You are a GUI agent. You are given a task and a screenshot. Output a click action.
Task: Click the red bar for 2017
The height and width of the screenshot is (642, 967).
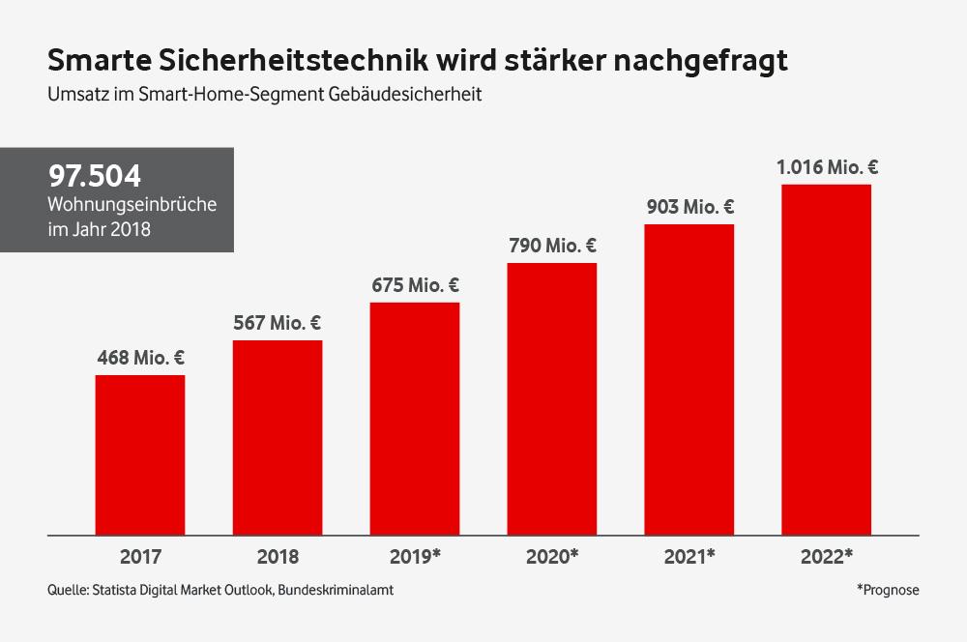pos(140,454)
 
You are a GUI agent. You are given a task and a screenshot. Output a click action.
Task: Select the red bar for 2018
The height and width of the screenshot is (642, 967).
pos(278,437)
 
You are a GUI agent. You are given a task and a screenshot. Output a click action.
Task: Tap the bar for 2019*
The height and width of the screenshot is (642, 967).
pos(415,418)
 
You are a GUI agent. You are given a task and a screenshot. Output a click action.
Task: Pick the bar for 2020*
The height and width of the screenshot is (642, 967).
pos(552,398)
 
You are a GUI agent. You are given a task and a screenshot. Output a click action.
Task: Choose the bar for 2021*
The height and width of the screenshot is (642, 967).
pos(689,379)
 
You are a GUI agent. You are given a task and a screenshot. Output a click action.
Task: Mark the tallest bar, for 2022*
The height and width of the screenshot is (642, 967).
pos(827,359)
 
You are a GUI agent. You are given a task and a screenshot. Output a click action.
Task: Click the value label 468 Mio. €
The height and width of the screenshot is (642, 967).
pos(140,358)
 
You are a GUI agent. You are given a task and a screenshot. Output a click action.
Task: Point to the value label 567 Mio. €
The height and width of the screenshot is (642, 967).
pos(278,323)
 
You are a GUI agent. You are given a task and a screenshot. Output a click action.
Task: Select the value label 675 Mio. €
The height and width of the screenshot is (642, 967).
pos(415,285)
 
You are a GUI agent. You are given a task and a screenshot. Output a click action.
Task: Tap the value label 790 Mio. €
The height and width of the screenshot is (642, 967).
pos(552,246)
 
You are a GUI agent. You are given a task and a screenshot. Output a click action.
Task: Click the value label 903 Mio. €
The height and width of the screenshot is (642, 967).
pos(689,207)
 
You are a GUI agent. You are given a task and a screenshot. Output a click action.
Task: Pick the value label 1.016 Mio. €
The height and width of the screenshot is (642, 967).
pos(827,167)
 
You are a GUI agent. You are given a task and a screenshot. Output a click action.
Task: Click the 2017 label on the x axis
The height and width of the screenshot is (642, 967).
pos(140,557)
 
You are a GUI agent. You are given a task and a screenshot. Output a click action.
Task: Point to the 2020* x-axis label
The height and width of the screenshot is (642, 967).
pos(552,557)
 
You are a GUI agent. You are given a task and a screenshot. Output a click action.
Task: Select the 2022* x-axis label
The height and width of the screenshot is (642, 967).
pos(827,557)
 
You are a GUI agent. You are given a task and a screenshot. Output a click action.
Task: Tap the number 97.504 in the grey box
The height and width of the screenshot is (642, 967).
pos(95,177)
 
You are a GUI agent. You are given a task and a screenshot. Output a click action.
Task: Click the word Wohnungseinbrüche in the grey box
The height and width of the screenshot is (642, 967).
pos(132,205)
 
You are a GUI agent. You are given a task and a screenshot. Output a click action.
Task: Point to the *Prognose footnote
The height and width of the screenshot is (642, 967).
pos(887,590)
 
